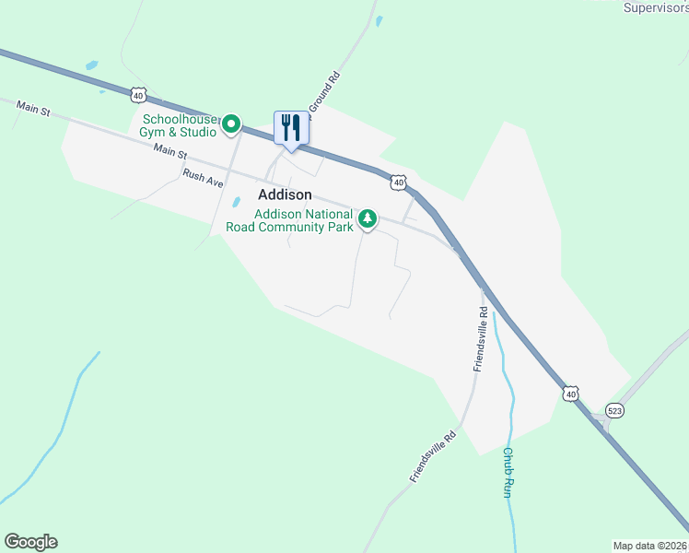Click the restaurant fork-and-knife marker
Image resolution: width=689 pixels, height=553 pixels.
click(291, 128)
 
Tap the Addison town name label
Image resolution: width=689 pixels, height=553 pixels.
click(285, 194)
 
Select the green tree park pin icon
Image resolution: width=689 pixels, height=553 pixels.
click(368, 218)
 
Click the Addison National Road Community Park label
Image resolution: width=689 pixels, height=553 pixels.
click(304, 220)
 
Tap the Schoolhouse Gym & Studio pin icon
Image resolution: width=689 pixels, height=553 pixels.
click(232, 123)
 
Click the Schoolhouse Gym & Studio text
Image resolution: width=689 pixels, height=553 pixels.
click(180, 125)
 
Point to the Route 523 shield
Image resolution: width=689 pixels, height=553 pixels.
click(615, 409)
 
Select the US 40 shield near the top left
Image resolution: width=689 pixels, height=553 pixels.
click(137, 94)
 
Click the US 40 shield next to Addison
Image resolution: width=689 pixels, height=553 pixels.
click(397, 182)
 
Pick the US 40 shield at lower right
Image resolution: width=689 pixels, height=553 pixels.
click(571, 394)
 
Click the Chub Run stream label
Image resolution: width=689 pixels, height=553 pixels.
click(507, 472)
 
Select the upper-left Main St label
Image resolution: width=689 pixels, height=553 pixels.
click(32, 109)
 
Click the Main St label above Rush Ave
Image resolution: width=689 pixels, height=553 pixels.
click(170, 150)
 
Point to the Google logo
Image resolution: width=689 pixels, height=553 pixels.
click(30, 542)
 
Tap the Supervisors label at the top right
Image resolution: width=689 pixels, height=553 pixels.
click(656, 7)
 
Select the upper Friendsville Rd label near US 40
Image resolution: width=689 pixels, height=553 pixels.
click(480, 340)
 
